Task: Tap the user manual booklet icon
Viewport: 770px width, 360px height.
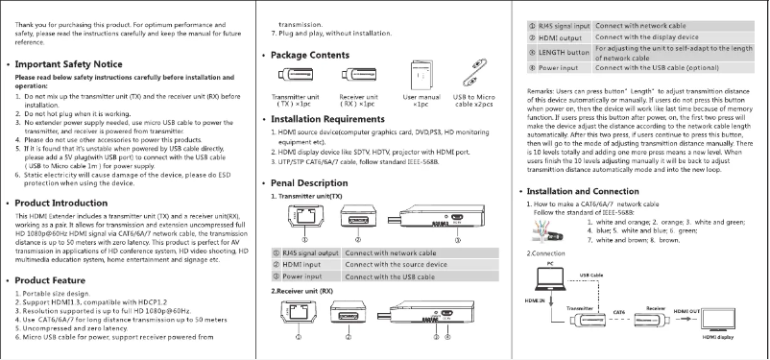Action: click(x=421, y=77)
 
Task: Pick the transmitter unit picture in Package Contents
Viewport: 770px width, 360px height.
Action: click(x=297, y=77)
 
